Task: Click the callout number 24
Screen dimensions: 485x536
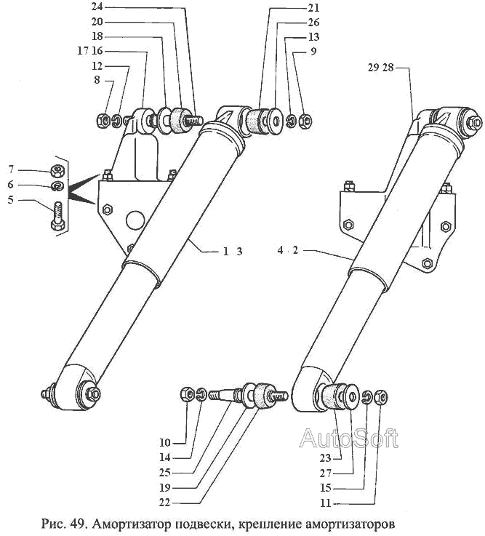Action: coord(97,7)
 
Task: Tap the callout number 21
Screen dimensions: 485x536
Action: coord(313,8)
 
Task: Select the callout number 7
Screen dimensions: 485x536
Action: coord(11,169)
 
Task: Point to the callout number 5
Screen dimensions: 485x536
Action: coord(11,199)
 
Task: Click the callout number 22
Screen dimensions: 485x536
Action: coord(165,503)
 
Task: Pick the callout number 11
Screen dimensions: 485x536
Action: coord(326,503)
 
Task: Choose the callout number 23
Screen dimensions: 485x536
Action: coord(326,457)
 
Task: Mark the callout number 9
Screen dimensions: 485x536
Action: coord(313,52)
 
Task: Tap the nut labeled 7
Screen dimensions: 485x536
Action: coord(57,171)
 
